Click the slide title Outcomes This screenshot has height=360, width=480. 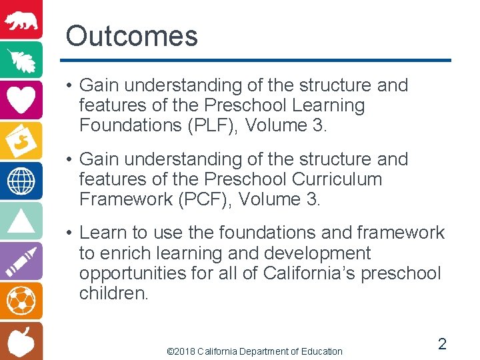click(131, 36)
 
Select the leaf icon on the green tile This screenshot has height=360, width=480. click(21, 59)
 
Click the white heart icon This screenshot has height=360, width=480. click(21, 99)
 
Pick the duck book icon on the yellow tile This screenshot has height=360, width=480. click(21, 139)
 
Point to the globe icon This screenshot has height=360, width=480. click(21, 180)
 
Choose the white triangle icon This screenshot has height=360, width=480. click(21, 220)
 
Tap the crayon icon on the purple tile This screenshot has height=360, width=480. click(21, 261)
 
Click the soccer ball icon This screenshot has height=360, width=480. click(21, 301)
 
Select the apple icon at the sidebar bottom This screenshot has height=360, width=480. click(21, 341)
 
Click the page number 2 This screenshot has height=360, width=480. click(441, 344)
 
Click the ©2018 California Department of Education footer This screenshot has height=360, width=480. click(254, 351)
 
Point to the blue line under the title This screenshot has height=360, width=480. click(258, 61)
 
